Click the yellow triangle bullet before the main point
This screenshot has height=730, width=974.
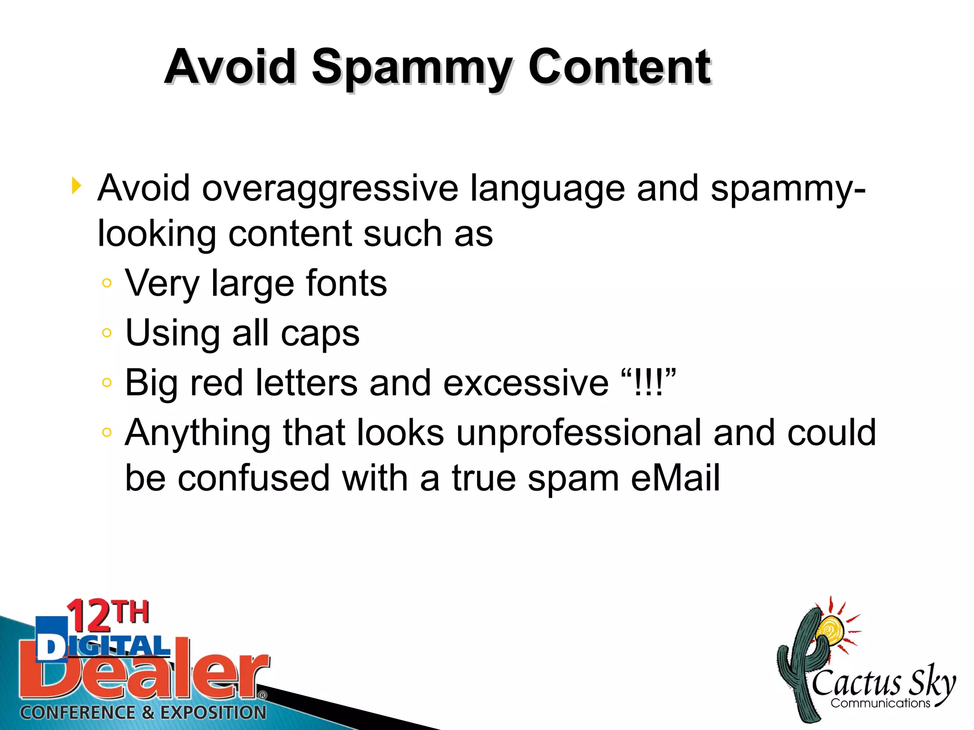pos(76,185)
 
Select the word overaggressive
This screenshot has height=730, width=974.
pos(330,188)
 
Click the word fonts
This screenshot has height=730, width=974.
pos(346,283)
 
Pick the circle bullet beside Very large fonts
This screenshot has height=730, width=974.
pos(107,283)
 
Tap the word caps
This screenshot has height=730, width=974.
pos(320,334)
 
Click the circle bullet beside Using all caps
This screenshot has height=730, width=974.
pos(107,333)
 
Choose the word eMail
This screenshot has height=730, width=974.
pos(675,478)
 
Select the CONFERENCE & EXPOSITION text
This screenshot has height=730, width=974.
pos(143,712)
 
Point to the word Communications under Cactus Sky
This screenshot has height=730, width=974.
pos(880,703)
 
